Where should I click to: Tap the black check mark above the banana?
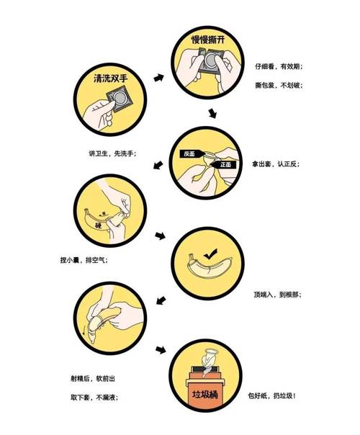coord(210,254)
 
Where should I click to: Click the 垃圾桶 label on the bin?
coord(206,395)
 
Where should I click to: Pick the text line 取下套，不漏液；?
coord(90,397)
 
